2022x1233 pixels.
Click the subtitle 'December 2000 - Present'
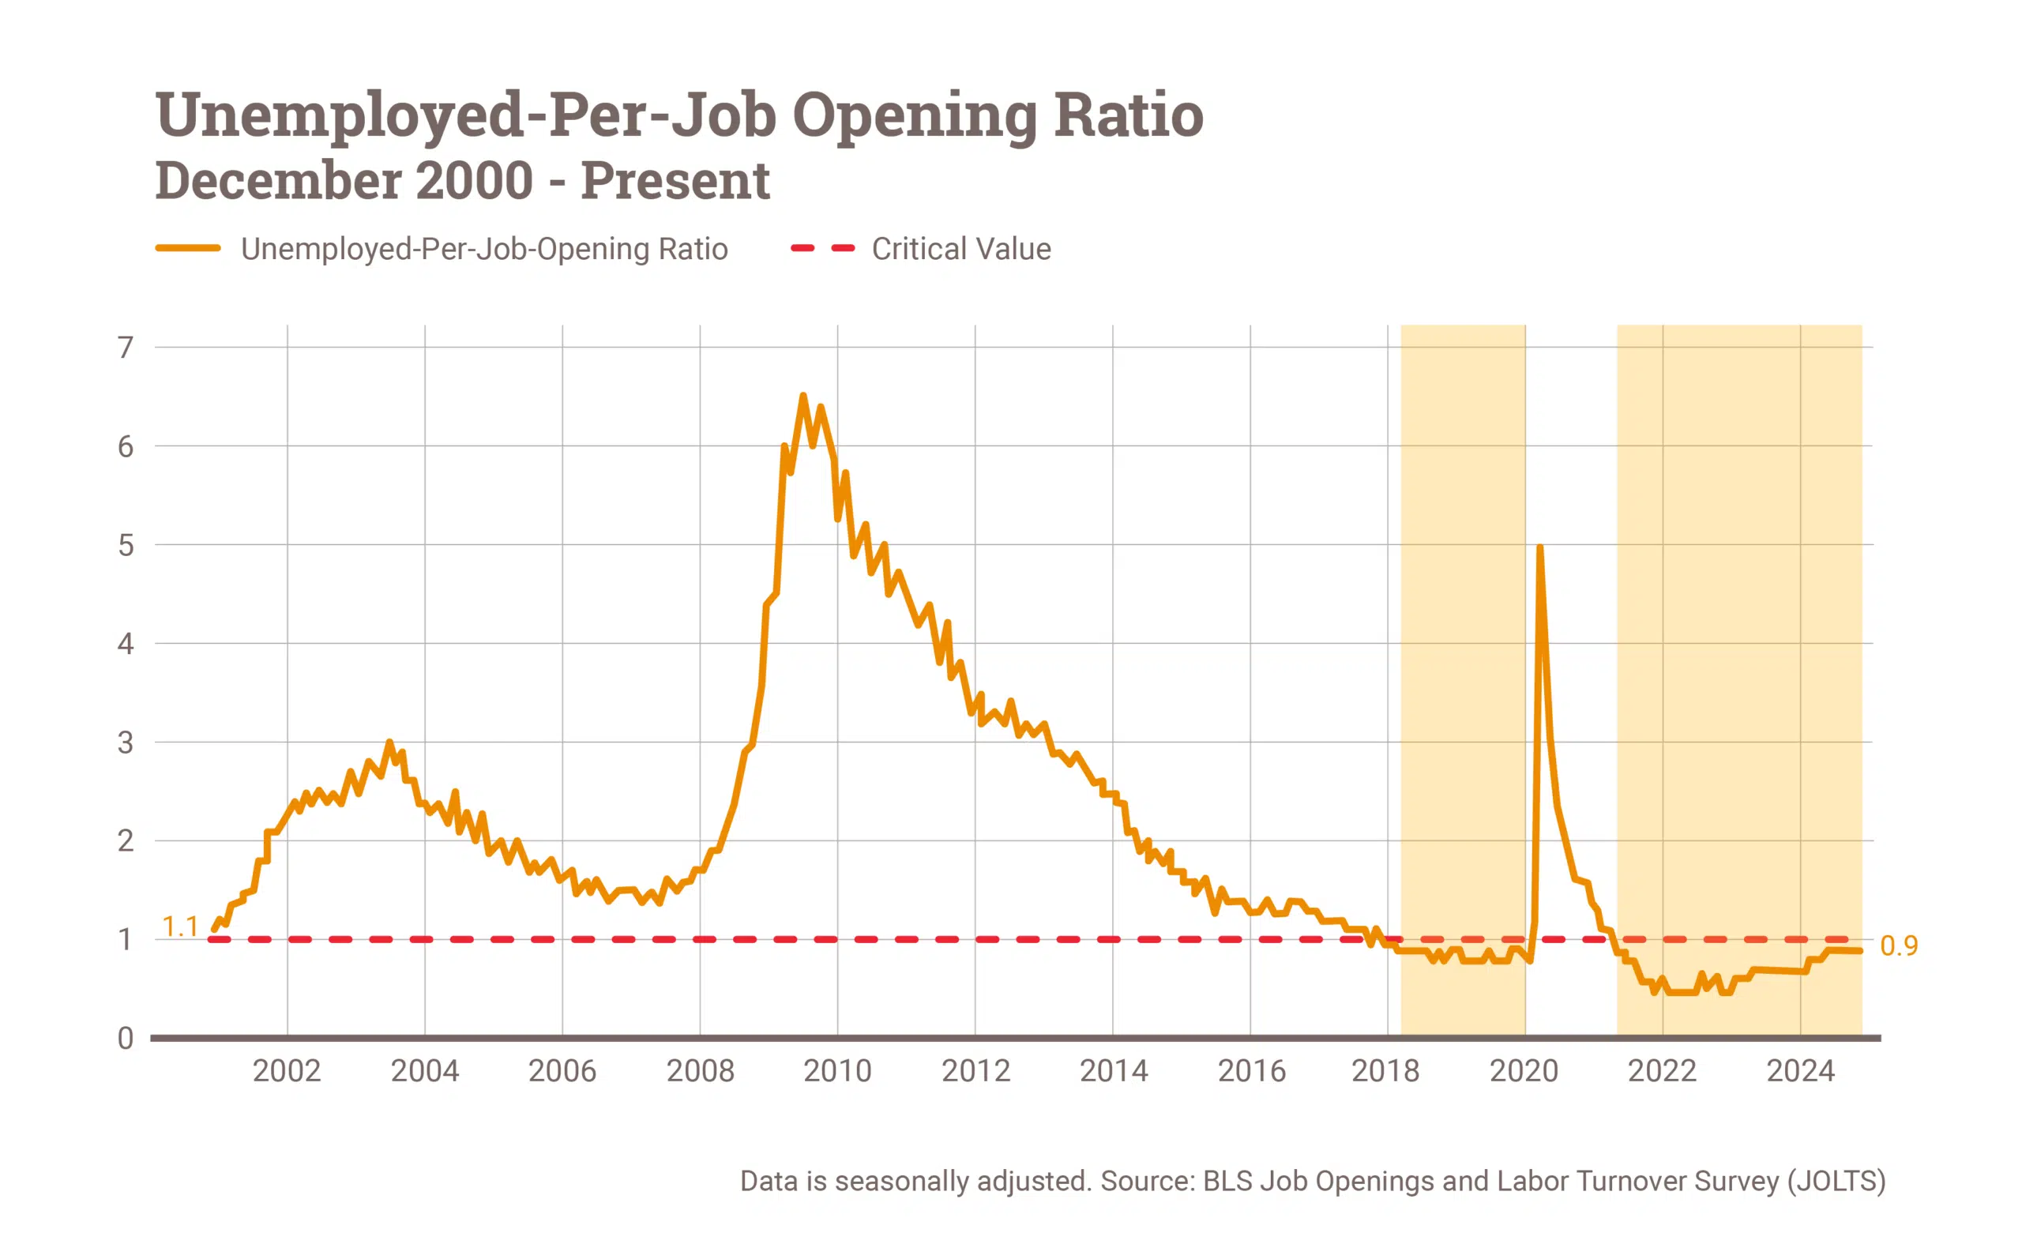[462, 181]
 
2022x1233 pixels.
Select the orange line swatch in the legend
[188, 248]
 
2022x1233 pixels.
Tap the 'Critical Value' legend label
[961, 249]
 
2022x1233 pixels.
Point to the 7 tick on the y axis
[125, 348]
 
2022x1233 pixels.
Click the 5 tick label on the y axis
[125, 545]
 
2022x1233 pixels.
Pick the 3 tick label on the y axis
[125, 743]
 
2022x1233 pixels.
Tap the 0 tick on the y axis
[125, 1039]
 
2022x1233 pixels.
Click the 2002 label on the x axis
[287, 1071]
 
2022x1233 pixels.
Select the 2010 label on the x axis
[837, 1071]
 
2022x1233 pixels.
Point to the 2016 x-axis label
[1251, 1071]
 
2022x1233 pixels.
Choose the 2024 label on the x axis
[1800, 1071]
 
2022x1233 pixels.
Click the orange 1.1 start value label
[180, 927]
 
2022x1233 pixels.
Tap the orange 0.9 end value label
[1899, 945]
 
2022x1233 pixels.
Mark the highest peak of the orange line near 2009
[802, 396]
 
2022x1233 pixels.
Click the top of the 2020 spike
[1539, 547]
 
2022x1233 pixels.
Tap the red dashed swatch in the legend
[822, 248]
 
